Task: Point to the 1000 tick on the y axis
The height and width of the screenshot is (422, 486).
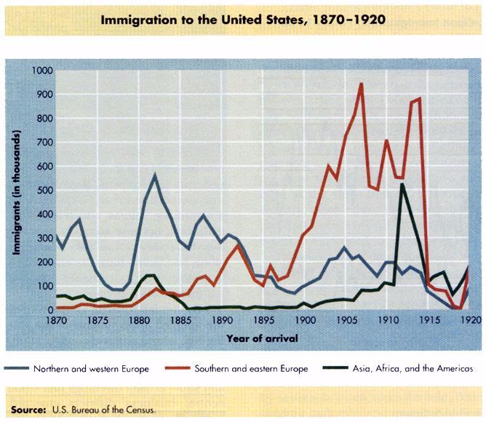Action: click(42, 71)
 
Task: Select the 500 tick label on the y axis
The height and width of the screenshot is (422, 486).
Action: click(44, 191)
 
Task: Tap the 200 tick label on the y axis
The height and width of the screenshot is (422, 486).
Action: click(44, 263)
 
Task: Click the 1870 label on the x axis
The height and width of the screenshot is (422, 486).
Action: click(56, 320)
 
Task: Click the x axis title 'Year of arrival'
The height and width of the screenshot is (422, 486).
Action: click(262, 338)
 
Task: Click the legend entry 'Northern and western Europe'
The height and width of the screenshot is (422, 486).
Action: click(91, 369)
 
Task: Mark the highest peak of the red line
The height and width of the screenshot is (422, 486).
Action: click(361, 84)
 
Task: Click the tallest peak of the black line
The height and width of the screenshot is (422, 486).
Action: click(402, 184)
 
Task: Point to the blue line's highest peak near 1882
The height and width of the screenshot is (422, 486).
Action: click(154, 175)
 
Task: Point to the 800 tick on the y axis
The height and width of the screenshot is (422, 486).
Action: click(44, 119)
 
